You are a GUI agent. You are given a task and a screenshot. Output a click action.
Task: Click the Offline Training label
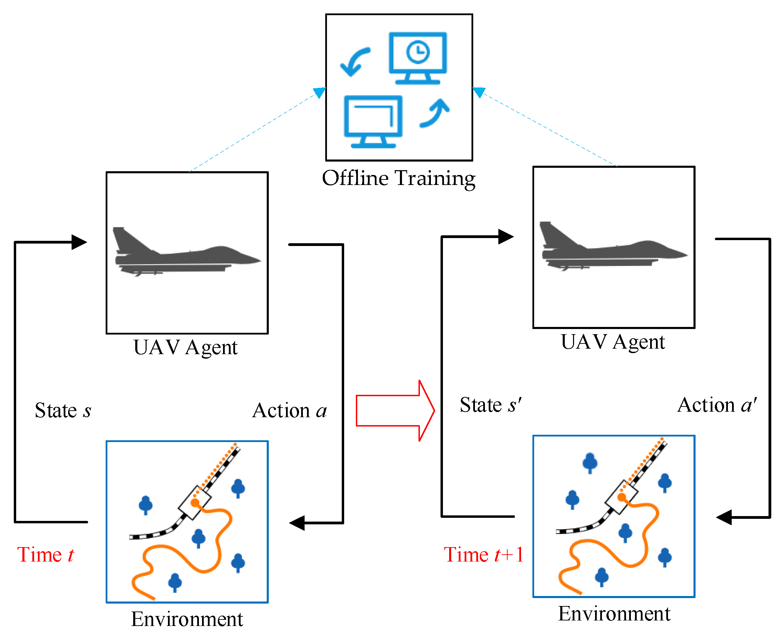[399, 179]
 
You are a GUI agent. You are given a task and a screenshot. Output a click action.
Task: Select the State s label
[63, 410]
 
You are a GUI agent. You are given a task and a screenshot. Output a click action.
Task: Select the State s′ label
[490, 405]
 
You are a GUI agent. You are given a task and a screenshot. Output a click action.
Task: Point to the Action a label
[289, 410]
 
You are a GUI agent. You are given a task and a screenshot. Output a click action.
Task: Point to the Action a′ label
[717, 405]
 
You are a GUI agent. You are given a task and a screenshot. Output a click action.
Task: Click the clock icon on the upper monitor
[418, 52]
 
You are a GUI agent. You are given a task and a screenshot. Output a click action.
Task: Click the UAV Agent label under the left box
[186, 347]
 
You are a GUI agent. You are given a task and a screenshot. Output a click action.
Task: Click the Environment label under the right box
[614, 614]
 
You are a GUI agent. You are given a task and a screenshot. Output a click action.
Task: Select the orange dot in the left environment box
[195, 503]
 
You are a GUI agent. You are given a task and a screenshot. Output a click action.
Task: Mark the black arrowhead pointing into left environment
[297, 523]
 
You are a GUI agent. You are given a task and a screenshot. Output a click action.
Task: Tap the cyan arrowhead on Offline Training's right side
[479, 92]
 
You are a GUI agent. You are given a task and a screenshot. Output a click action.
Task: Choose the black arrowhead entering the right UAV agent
[506, 237]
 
